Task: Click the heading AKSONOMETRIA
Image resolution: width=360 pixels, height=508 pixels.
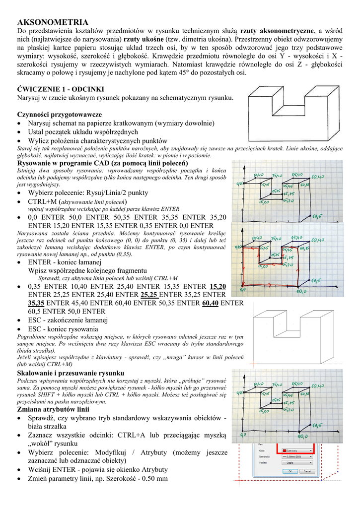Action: click(53, 22)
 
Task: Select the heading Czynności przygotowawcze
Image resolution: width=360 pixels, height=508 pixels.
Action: click(60, 114)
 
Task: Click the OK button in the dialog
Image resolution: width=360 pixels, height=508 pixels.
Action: click(290, 471)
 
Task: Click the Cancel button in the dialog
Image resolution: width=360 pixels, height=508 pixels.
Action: click(307, 471)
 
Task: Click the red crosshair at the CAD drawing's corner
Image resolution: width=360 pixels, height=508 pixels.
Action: click(239, 480)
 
